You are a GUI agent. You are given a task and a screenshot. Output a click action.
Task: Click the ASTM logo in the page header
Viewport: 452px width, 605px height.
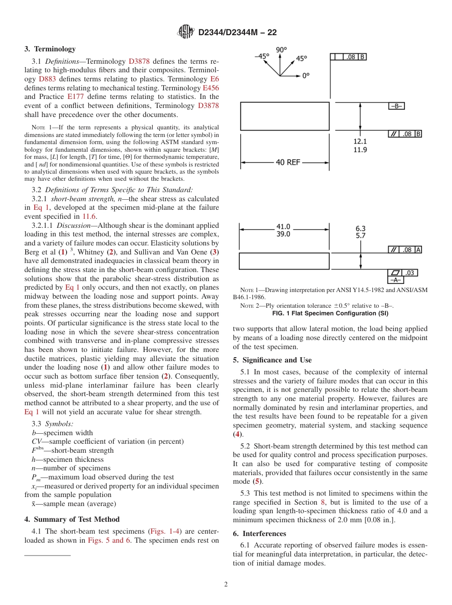point(186,32)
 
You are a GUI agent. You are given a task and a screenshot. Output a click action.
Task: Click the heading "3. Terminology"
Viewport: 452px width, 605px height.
point(50,49)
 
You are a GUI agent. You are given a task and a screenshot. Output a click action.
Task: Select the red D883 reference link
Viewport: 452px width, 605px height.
point(47,79)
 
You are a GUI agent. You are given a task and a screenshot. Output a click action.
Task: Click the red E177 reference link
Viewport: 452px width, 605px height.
point(76,97)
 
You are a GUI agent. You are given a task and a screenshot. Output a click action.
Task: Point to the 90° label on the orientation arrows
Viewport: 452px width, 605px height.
point(281,49)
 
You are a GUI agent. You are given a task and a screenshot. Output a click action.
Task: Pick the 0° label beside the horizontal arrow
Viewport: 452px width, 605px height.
point(305,76)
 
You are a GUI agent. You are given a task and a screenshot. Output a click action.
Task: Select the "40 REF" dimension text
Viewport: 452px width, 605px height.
point(288,162)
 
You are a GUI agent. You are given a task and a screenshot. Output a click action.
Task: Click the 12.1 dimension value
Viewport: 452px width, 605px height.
point(360,141)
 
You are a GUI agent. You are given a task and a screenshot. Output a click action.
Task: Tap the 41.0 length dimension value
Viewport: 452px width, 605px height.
point(283,227)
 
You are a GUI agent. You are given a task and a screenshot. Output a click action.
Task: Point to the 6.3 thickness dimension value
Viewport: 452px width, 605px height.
point(360,228)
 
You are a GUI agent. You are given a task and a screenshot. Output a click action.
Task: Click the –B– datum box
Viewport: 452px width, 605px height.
point(396,107)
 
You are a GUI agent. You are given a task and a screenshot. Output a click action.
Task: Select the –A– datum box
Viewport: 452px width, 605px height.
point(396,281)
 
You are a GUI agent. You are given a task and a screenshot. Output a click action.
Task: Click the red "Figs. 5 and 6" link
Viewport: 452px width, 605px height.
point(107,540)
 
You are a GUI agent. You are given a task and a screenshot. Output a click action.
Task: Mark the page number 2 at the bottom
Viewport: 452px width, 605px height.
point(226,585)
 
